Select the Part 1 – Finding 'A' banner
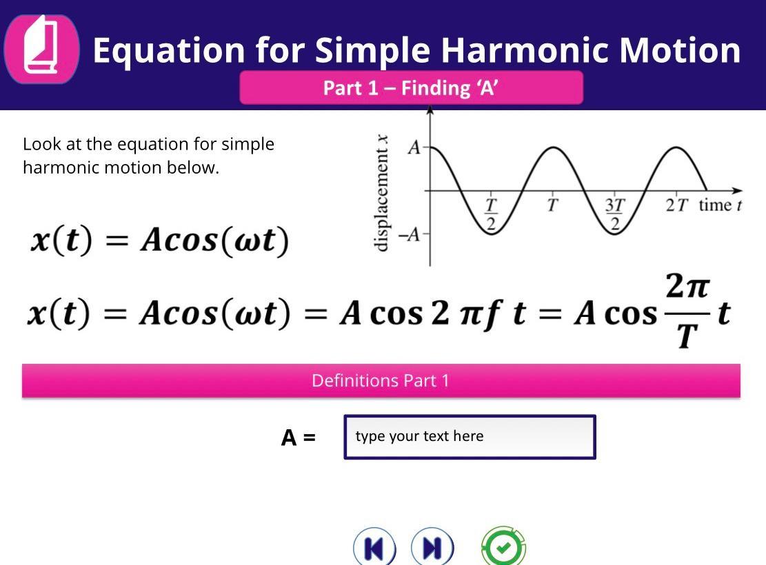(411, 88)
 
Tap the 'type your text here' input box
(470, 437)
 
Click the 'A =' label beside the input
(298, 438)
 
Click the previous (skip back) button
(374, 548)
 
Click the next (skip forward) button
(432, 548)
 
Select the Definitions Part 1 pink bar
(381, 381)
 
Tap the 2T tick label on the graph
(677, 205)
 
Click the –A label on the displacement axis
(412, 235)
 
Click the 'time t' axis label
(720, 205)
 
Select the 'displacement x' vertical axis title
(381, 193)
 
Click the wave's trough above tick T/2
(491, 234)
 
